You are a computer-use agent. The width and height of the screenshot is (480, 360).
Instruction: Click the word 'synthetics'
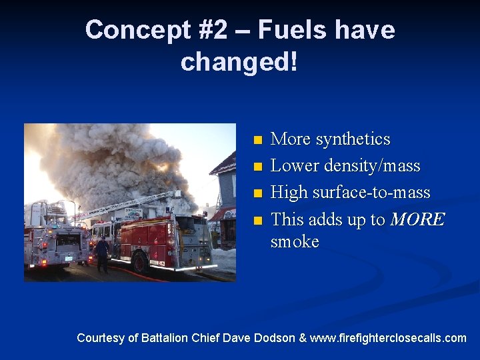click(x=352, y=139)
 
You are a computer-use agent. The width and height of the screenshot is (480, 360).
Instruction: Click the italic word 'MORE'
click(x=417, y=219)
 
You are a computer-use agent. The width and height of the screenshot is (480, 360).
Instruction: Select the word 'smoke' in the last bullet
click(x=295, y=241)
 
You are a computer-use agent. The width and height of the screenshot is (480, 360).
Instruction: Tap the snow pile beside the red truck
click(x=224, y=259)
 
